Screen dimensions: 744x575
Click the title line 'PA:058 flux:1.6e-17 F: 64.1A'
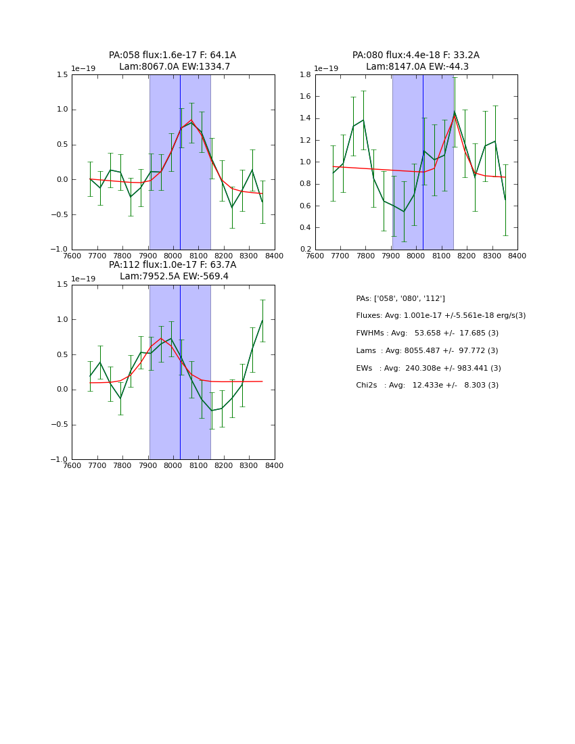coord(172,55)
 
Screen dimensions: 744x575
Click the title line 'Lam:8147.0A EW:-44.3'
coord(417,67)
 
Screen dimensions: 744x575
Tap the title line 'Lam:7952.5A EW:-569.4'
coord(174,277)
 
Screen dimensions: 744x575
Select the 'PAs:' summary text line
coord(400,298)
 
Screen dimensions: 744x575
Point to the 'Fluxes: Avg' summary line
coord(440,316)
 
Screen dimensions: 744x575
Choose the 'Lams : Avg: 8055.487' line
coord(427,351)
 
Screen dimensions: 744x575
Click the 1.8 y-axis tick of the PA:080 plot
coord(305,75)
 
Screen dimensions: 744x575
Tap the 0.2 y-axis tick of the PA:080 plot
coord(305,250)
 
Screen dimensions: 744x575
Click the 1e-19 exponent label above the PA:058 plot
coord(84,69)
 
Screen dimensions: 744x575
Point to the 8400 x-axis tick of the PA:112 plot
coord(274,465)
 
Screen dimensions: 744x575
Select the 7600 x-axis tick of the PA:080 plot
coord(315,256)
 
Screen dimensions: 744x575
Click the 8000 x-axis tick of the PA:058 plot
coord(173,256)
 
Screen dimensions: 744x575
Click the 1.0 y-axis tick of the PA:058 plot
coord(62,110)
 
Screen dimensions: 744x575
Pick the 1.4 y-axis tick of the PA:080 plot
coord(305,118)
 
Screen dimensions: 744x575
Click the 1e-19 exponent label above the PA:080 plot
coord(327,69)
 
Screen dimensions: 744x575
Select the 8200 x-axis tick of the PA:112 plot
coord(223,465)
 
